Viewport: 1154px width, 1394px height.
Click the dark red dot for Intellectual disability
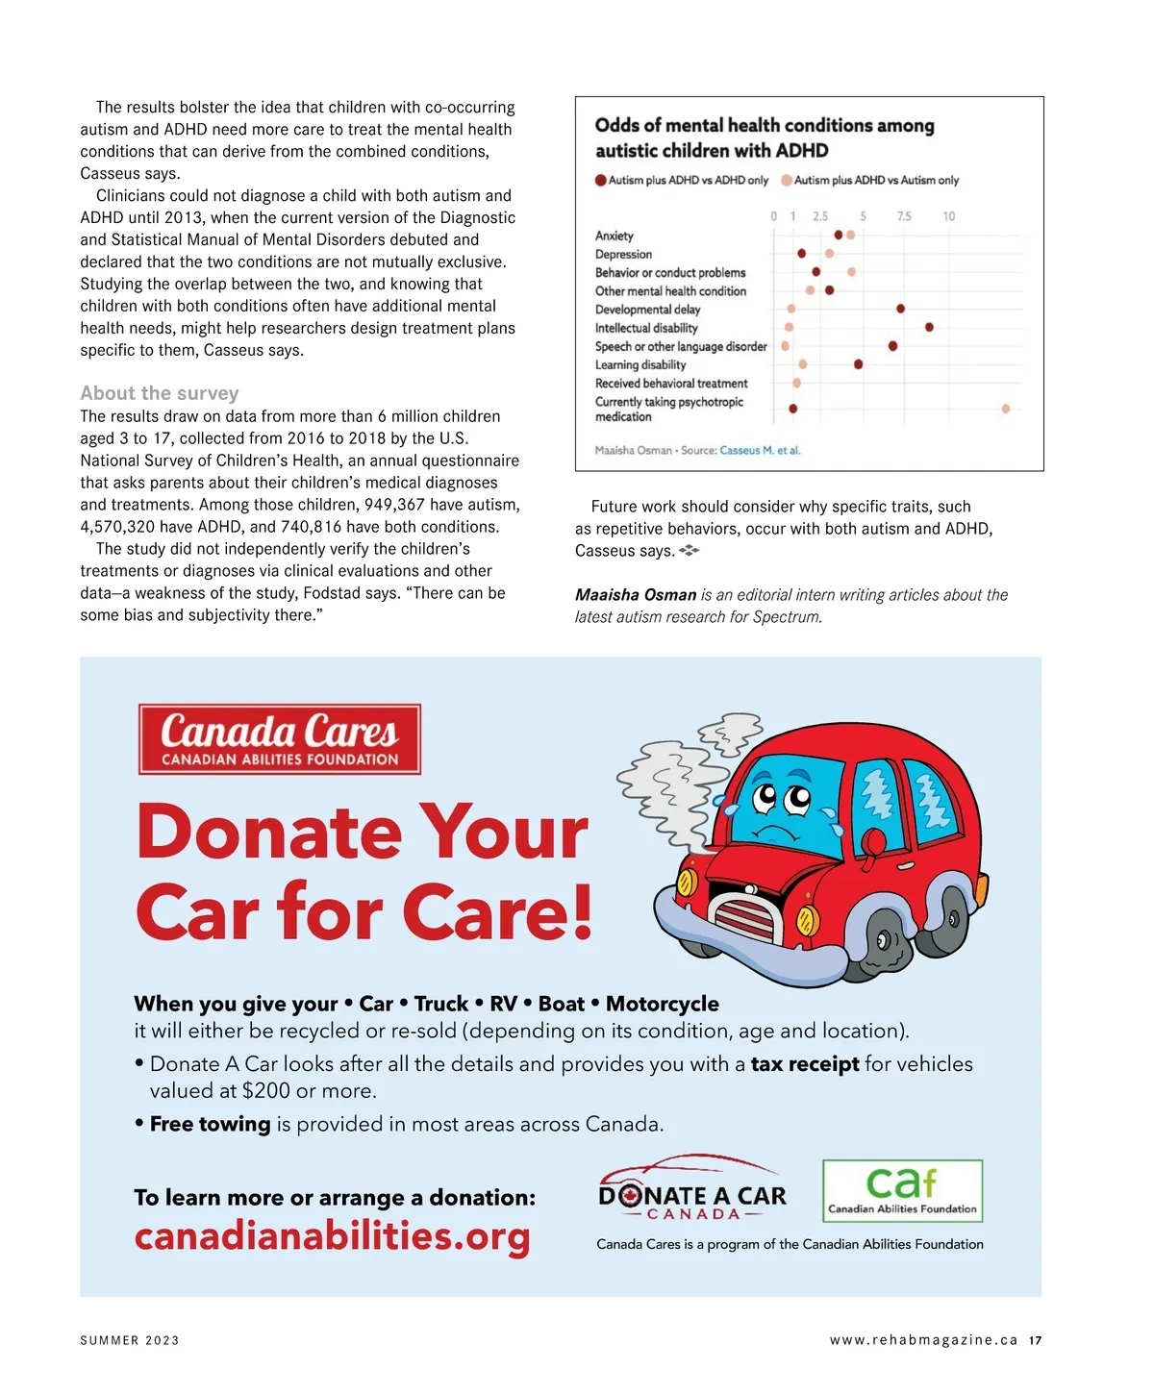point(929,328)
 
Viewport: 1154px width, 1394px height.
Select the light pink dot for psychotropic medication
point(1006,409)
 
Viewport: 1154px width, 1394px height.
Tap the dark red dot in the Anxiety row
point(839,235)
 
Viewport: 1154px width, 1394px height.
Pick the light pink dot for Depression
point(829,254)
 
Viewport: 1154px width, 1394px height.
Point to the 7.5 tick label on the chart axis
point(904,216)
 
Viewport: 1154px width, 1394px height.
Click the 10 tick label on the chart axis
point(949,216)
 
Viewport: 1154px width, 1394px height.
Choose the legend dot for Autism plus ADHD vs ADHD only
point(601,180)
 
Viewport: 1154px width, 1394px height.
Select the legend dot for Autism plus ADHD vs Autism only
point(787,180)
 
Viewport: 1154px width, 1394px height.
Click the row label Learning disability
point(640,365)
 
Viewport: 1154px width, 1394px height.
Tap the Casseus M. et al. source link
point(760,450)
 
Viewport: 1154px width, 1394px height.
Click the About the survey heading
point(160,393)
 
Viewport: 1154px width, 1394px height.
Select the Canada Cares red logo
point(280,739)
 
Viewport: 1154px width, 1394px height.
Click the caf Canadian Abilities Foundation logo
point(902,1190)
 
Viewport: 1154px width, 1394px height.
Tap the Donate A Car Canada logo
point(692,1192)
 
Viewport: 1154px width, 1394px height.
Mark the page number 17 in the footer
point(1035,1340)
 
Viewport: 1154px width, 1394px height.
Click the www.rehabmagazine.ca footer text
point(923,1340)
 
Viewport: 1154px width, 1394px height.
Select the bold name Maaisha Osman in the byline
point(635,595)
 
